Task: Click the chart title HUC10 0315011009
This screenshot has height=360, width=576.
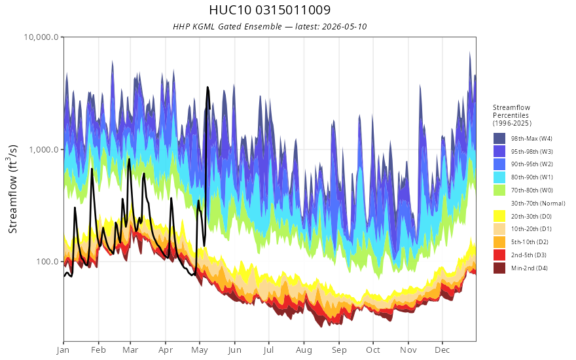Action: (270, 10)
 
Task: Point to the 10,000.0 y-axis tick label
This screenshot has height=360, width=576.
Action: (41, 37)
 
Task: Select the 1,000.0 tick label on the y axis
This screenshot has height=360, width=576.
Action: (44, 149)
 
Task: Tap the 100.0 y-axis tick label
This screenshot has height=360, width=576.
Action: (47, 262)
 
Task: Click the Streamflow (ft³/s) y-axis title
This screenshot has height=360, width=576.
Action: (13, 189)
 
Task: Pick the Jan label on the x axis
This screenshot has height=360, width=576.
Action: (63, 350)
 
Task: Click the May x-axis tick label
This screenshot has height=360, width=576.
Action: (200, 350)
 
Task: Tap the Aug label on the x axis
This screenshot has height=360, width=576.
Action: (304, 350)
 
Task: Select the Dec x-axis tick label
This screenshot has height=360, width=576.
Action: (442, 350)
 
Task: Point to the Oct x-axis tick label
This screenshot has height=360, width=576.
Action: (373, 350)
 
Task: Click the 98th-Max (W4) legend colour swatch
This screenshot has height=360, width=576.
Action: (499, 139)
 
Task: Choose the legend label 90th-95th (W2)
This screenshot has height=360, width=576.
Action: (531, 164)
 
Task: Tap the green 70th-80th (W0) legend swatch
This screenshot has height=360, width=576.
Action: (499, 190)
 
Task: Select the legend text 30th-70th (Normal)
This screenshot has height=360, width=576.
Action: (538, 203)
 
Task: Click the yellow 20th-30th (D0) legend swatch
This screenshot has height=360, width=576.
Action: (499, 216)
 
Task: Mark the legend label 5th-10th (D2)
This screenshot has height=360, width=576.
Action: (530, 242)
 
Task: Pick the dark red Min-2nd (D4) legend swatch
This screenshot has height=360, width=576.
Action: (499, 268)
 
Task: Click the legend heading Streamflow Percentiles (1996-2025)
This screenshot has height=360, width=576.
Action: (512, 115)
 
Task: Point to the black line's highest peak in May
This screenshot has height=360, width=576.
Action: (207, 88)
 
